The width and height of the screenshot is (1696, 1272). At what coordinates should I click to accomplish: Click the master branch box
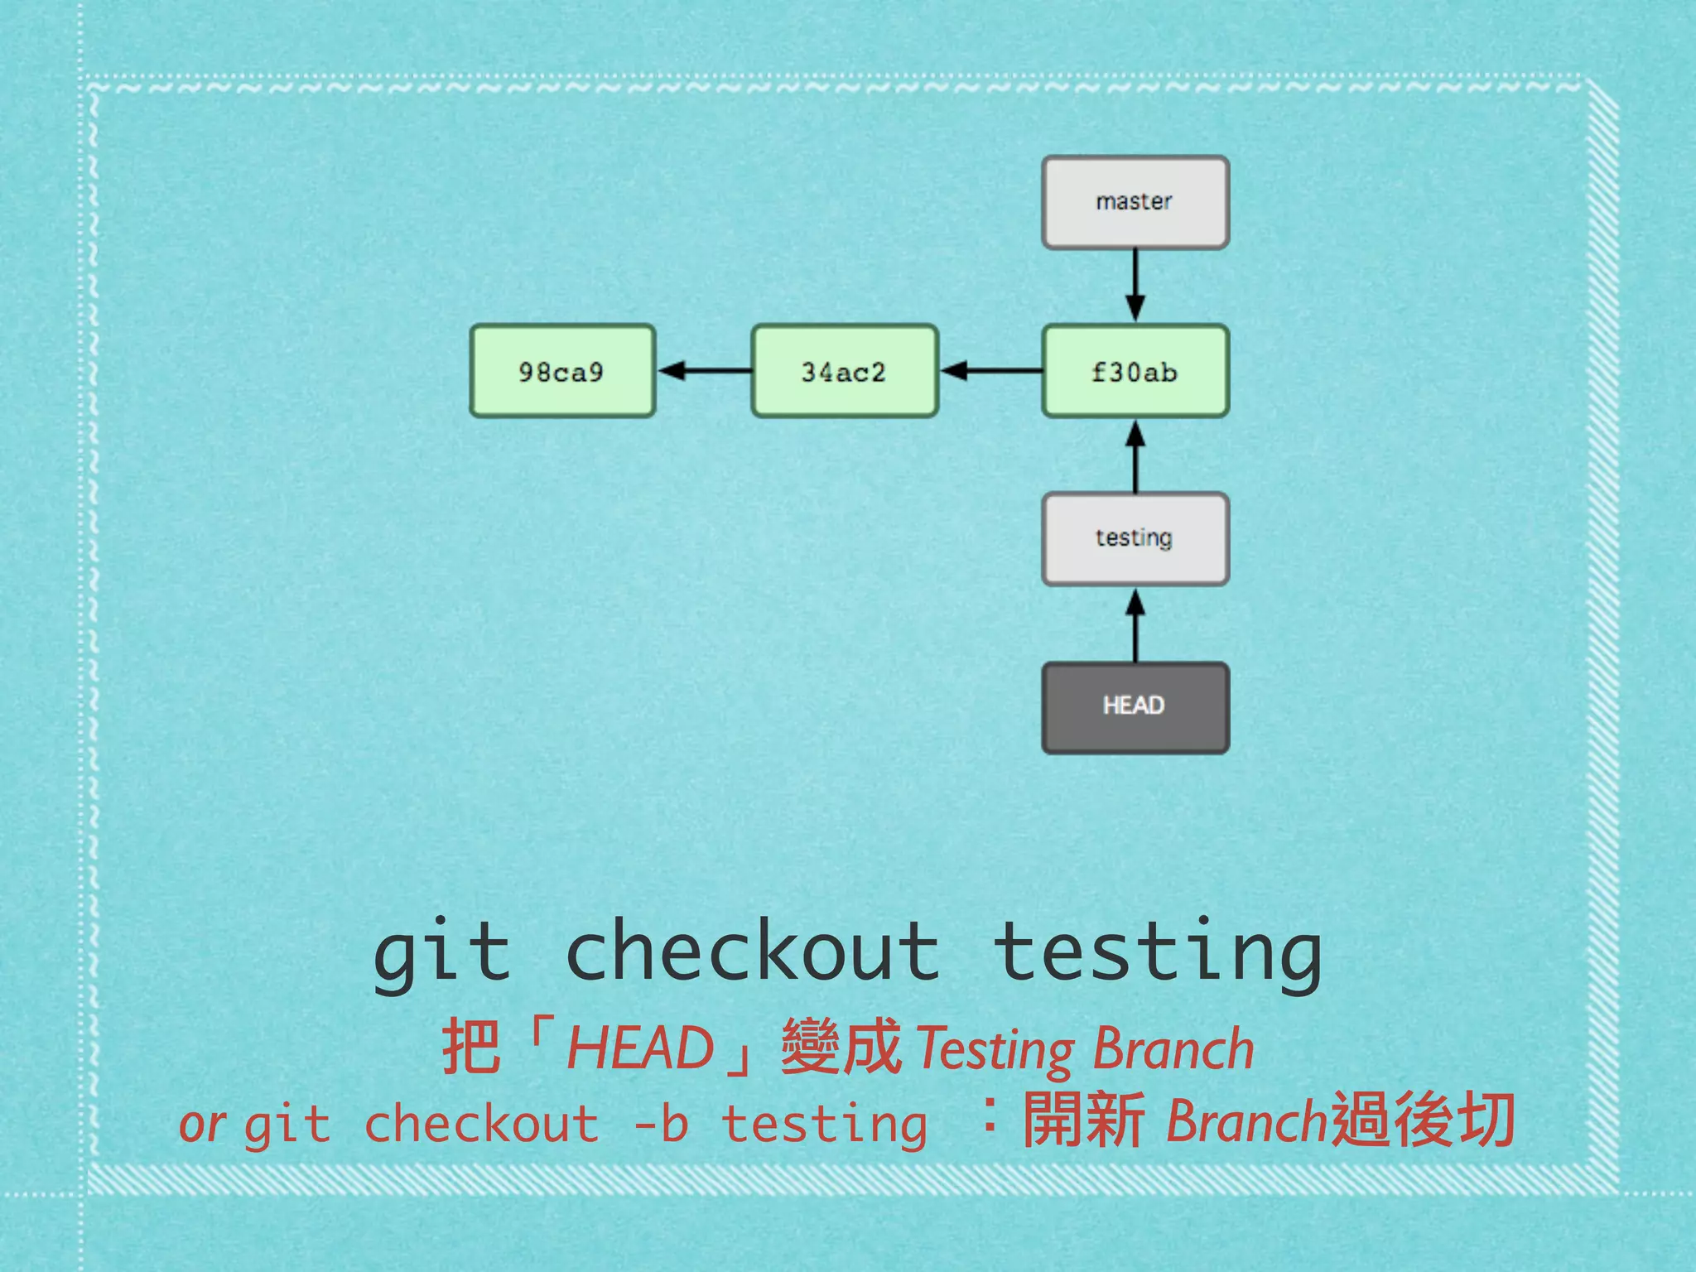tap(1135, 202)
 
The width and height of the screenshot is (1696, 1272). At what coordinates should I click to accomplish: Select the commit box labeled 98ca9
tap(562, 371)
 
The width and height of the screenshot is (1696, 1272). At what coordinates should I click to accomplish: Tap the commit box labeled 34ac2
tap(844, 371)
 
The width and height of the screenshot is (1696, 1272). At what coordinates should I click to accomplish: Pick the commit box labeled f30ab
tap(1135, 371)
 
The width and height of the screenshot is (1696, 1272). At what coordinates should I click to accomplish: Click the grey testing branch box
tap(1135, 538)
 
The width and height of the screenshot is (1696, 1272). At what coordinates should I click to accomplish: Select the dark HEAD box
tap(1135, 707)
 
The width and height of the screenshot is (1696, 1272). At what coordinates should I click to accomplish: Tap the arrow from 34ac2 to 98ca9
tap(704, 370)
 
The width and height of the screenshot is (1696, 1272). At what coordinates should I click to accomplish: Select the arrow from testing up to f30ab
tap(1135, 455)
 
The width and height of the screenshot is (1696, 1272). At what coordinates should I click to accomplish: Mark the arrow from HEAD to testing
tap(1135, 624)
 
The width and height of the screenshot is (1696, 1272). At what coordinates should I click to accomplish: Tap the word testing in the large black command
tap(1158, 954)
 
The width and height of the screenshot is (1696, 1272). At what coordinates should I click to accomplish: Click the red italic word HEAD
tap(640, 1048)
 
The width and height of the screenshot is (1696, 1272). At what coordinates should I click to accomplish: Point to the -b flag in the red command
tap(660, 1125)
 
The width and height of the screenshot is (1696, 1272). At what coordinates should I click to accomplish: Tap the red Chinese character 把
tap(471, 1047)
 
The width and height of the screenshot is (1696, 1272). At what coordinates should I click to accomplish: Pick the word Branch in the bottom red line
tap(1246, 1121)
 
